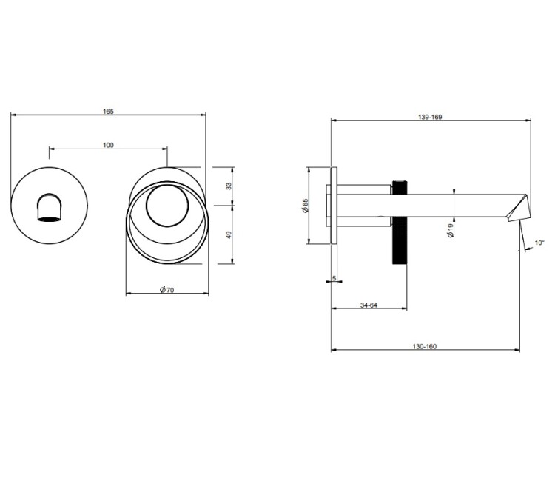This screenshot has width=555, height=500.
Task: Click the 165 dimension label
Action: click(108, 112)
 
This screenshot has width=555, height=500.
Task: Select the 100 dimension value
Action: click(108, 145)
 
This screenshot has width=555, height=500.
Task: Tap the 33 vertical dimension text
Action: click(229, 186)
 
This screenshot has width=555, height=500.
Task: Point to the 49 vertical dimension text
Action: click(229, 235)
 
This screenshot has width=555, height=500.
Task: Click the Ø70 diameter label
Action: click(167, 290)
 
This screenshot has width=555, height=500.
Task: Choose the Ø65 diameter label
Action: click(306, 206)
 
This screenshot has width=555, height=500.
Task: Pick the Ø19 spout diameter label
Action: click(450, 230)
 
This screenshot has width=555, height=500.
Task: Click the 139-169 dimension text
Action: click(430, 117)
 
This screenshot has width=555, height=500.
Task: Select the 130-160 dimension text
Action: click(425, 346)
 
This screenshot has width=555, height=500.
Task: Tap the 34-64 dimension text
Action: click(369, 305)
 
